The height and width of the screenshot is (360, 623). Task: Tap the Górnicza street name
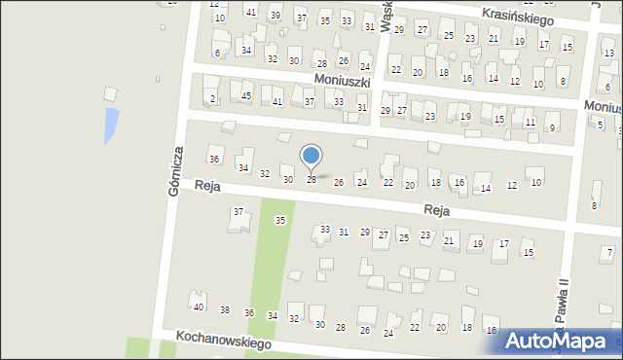click(x=176, y=172)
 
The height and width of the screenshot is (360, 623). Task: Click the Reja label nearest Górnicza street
click(x=207, y=185)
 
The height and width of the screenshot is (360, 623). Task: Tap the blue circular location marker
click(x=311, y=156)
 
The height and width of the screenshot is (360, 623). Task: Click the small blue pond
click(x=112, y=124)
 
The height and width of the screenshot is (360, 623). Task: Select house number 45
click(x=246, y=95)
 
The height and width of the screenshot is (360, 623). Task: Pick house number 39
click(x=275, y=16)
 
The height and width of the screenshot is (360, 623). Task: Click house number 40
click(x=199, y=307)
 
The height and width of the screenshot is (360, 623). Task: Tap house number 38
click(x=225, y=309)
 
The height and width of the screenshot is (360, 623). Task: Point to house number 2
click(x=212, y=99)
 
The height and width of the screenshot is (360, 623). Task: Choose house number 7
click(x=609, y=253)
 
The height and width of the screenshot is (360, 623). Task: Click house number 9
click(x=552, y=127)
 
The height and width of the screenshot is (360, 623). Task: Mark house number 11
click(x=530, y=122)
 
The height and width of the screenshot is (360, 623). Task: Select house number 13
click(x=608, y=53)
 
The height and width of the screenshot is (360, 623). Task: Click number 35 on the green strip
click(x=280, y=221)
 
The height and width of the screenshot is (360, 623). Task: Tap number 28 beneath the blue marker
click(x=311, y=179)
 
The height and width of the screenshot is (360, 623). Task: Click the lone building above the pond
click(x=110, y=93)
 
